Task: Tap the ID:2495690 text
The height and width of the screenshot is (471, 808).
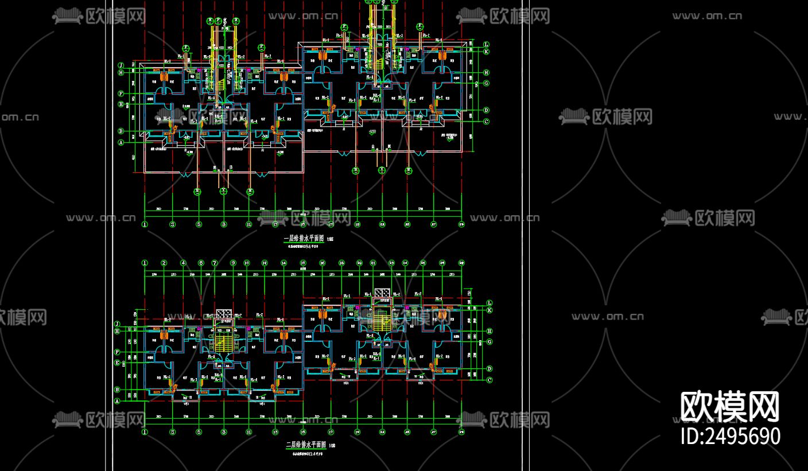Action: pyautogui.click(x=730, y=436)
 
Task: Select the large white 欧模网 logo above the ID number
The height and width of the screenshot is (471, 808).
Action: pyautogui.click(x=730, y=407)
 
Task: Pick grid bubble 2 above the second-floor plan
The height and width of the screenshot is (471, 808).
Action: pyautogui.click(x=164, y=263)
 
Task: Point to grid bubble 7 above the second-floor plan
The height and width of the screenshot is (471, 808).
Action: pyautogui.click(x=215, y=263)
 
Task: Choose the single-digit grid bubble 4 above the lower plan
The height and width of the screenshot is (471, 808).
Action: pyautogui.click(x=183, y=263)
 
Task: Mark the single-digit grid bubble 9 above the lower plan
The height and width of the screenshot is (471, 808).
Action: pyautogui.click(x=233, y=263)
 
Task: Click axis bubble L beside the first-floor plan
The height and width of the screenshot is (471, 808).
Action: pyautogui.click(x=486, y=44)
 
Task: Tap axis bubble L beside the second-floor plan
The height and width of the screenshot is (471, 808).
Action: pyautogui.click(x=489, y=303)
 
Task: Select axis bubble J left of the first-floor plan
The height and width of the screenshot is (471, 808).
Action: pyautogui.click(x=121, y=65)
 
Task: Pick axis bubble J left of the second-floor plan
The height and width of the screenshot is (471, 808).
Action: pyautogui.click(x=117, y=324)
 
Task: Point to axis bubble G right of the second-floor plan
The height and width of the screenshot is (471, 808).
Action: pyautogui.click(x=489, y=342)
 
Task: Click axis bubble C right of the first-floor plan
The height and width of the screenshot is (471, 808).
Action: pyautogui.click(x=486, y=122)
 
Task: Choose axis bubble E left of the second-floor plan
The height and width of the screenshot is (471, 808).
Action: pyautogui.click(x=117, y=363)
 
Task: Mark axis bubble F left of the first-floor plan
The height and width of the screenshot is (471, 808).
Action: pyautogui.click(x=121, y=94)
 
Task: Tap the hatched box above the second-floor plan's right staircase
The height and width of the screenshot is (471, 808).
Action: pyautogui.click(x=382, y=294)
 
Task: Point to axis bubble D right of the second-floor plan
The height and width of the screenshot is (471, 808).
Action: pyautogui.click(x=489, y=369)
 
